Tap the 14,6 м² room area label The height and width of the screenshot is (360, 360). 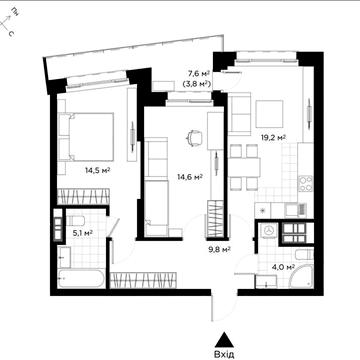[190, 178]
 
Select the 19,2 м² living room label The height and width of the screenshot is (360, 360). [273, 137]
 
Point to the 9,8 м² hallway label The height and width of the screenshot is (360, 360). [220, 249]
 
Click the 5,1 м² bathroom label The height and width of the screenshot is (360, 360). [82, 233]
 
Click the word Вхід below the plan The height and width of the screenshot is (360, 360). [225, 353]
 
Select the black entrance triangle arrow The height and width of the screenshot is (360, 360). [225, 340]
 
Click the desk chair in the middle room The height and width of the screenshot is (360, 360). [194, 137]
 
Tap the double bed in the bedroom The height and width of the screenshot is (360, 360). [86, 137]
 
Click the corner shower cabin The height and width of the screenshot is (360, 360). [302, 276]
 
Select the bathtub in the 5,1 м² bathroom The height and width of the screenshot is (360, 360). [81, 279]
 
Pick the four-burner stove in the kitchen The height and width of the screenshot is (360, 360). [305, 183]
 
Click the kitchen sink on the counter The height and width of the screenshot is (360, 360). [295, 210]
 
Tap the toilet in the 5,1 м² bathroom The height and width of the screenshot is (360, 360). [75, 221]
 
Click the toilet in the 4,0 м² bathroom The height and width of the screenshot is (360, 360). [304, 255]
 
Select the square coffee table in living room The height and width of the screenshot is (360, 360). [269, 114]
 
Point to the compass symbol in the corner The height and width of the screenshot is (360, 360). [7, 25]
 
